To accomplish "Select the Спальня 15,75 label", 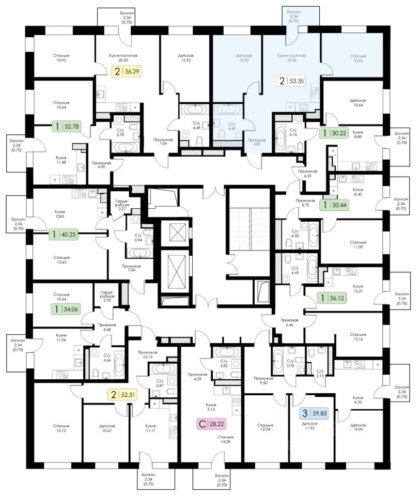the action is point(60,430).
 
